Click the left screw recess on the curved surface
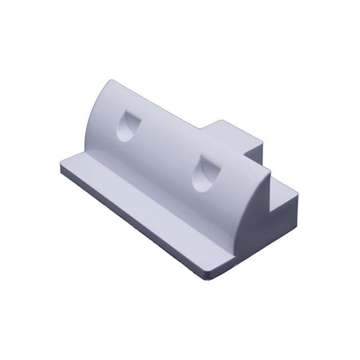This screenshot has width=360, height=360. [126, 126]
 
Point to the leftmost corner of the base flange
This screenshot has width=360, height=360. [62, 167]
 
